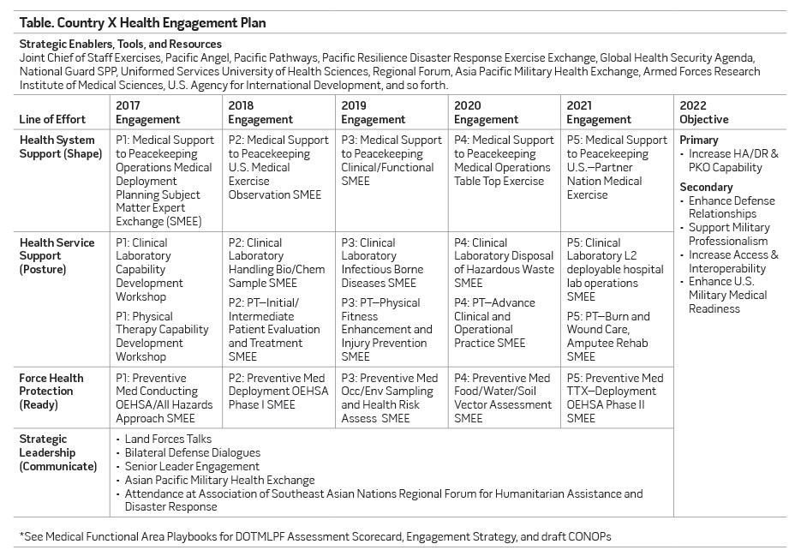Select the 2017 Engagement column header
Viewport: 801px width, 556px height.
[148, 112]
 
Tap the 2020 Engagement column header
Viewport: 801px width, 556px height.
[487, 112]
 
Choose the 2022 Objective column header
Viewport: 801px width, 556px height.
[703, 112]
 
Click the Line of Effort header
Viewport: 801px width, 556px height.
[55, 119]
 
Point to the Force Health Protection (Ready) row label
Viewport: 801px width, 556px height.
[52, 392]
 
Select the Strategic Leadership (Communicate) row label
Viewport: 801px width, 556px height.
[58, 452]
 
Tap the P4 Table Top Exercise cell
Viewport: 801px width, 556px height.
[505, 160]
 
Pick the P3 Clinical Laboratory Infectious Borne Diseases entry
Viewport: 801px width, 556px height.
[382, 263]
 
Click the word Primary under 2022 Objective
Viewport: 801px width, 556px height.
[699, 140]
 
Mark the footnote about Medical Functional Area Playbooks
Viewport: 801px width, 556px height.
[315, 536]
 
